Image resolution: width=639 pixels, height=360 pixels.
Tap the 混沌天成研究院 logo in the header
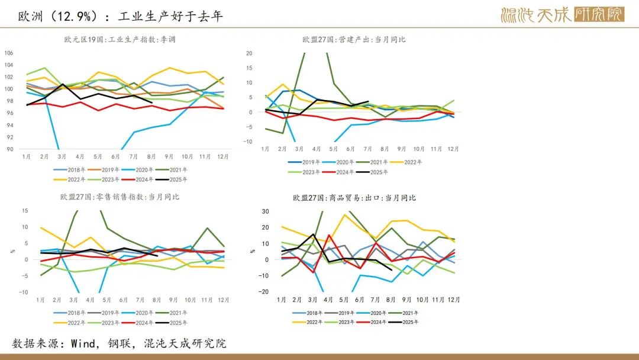[562, 15]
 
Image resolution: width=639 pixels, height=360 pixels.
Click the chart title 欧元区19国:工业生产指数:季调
[120, 40]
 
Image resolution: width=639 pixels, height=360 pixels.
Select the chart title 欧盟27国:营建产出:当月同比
[354, 40]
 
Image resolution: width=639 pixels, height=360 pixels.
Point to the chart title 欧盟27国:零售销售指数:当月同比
[120, 197]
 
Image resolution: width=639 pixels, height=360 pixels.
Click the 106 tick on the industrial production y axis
[8, 53]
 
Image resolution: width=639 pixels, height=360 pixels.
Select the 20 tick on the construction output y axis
[249, 53]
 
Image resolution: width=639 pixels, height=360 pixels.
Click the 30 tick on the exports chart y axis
[266, 211]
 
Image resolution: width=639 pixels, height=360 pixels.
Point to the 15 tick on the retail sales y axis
[25, 211]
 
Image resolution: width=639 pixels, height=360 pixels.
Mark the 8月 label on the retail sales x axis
[156, 300]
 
